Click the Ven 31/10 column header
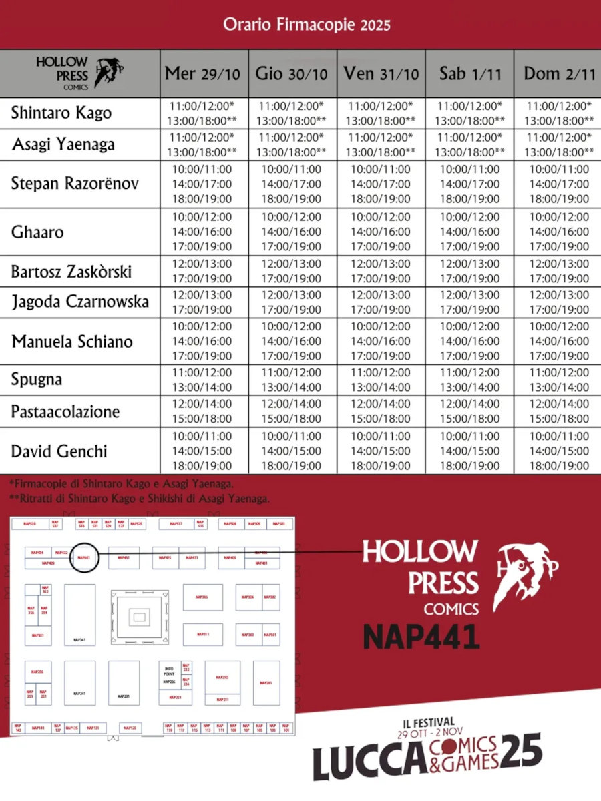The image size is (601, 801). click(x=381, y=73)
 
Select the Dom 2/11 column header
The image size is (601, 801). click(x=559, y=73)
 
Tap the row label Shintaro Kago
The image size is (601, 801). click(x=61, y=113)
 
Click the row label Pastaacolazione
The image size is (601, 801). click(x=65, y=411)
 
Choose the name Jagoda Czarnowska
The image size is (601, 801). click(x=80, y=302)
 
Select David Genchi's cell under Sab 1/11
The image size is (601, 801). click(x=469, y=451)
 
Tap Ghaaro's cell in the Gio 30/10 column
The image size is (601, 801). click(x=291, y=231)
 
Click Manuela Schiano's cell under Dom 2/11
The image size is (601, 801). click(x=559, y=341)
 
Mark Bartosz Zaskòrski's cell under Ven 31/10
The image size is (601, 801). click(x=381, y=271)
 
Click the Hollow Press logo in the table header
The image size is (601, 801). click(x=79, y=73)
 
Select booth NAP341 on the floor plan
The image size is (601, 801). click(x=79, y=640)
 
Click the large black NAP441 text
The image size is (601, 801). click(x=421, y=637)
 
